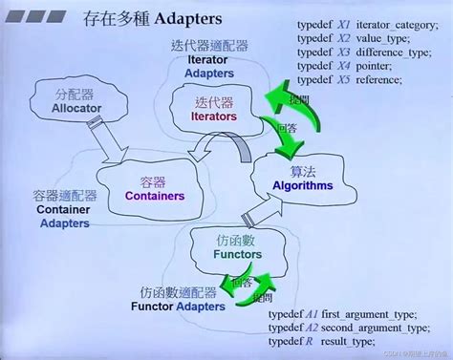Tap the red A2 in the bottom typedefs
point(312,328)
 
